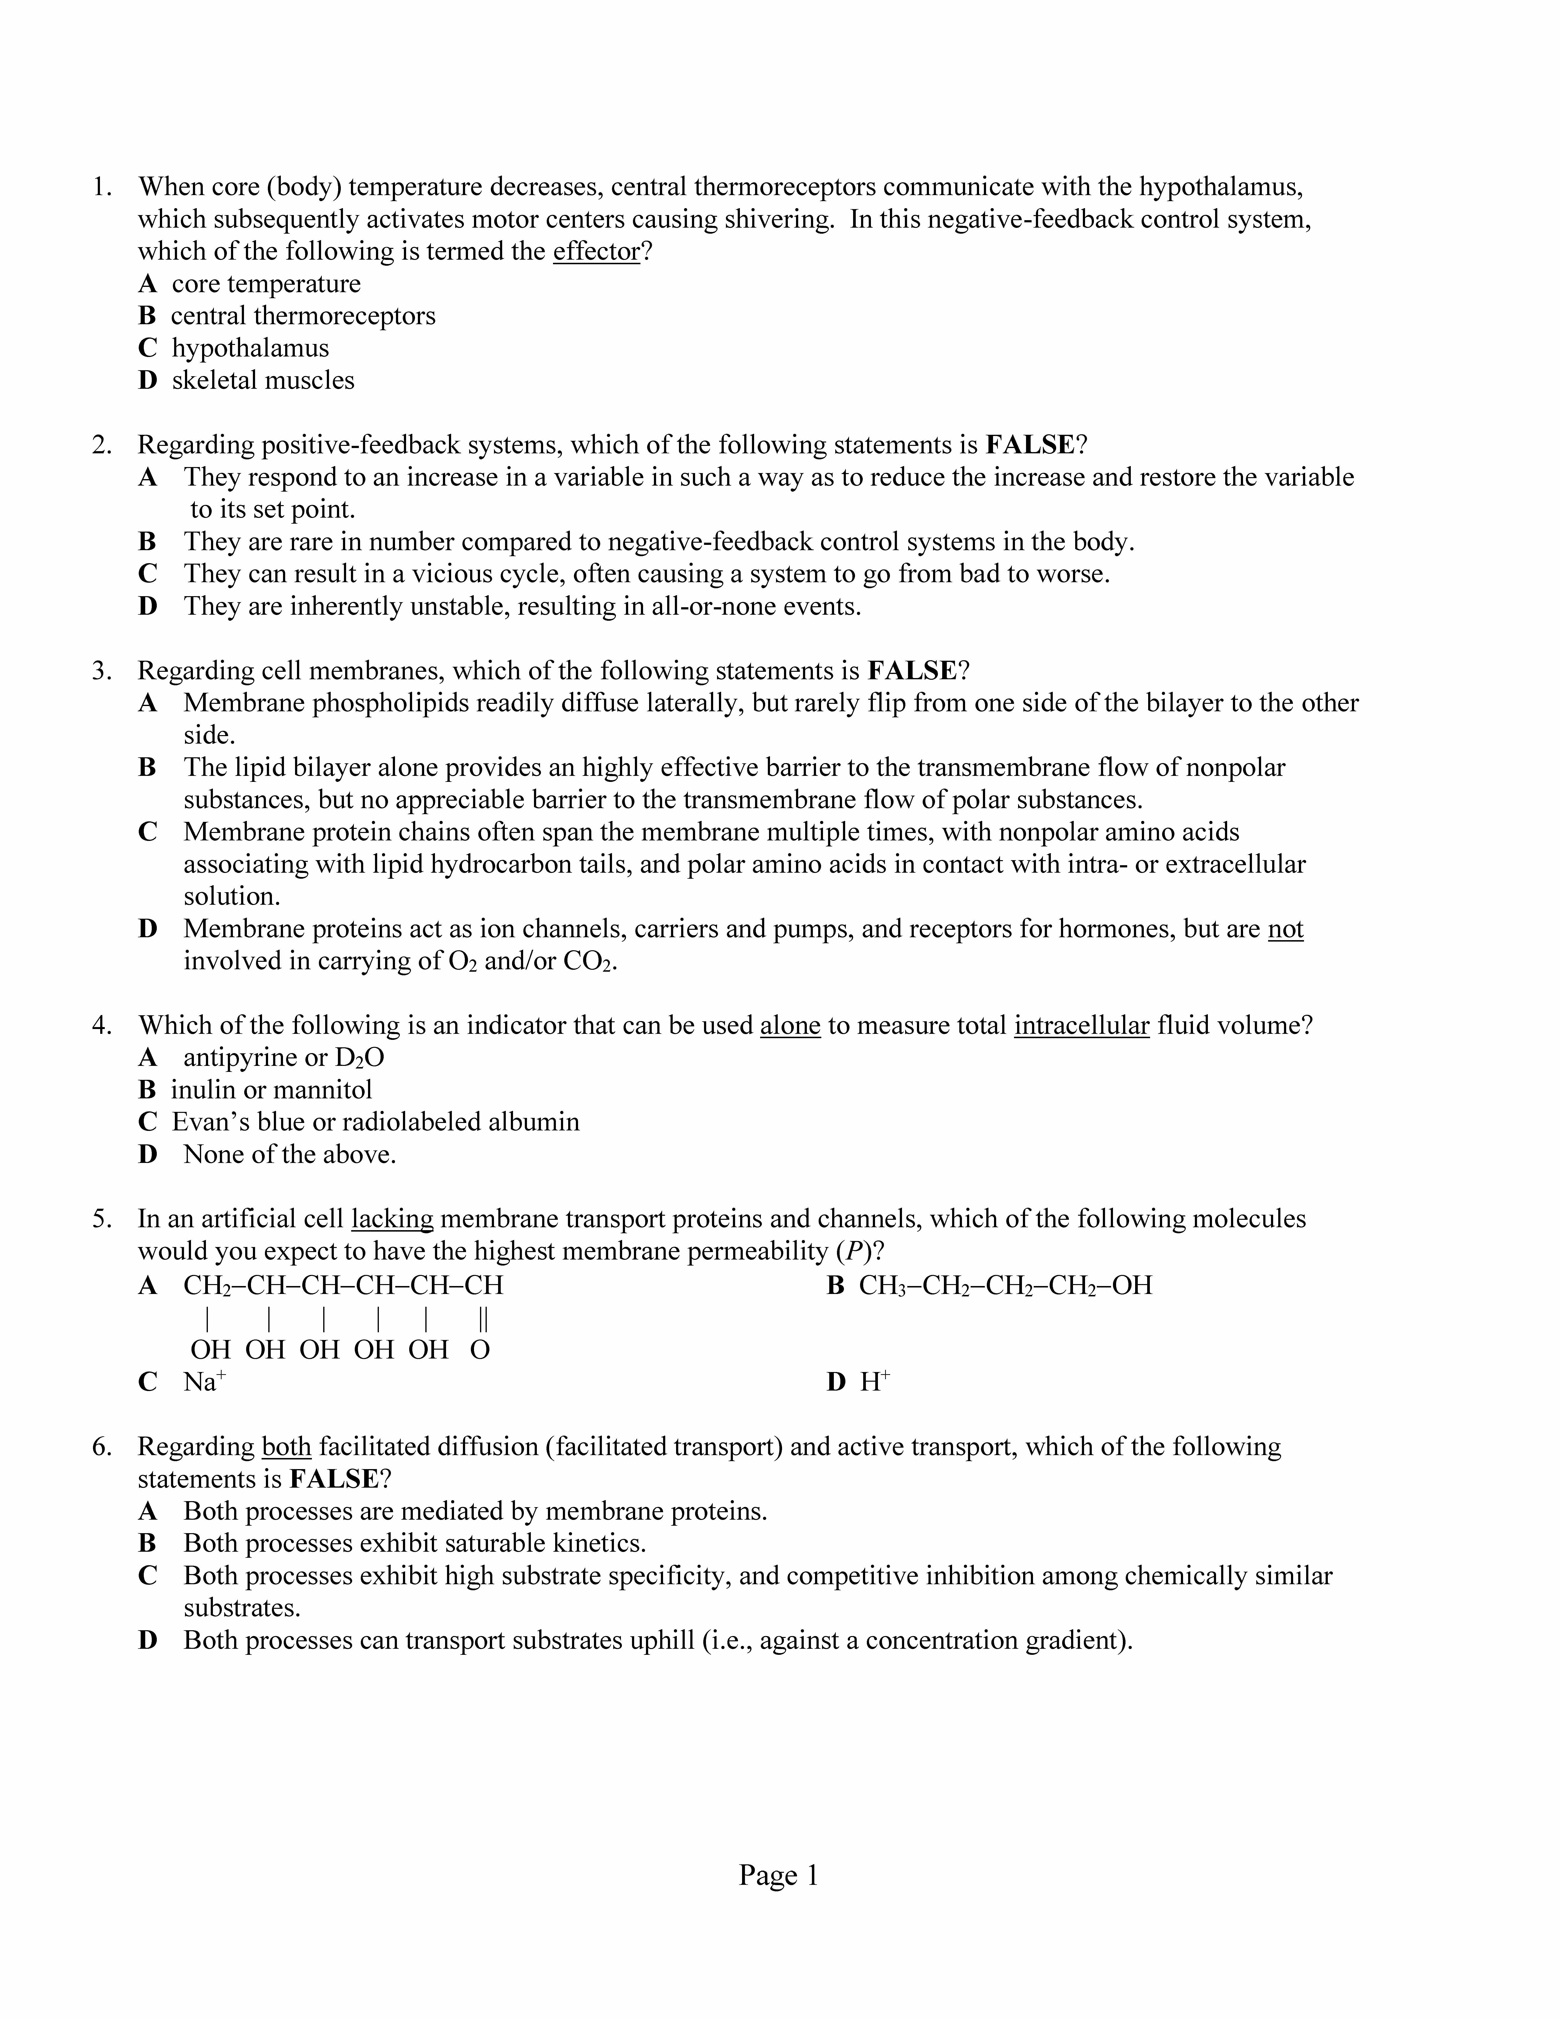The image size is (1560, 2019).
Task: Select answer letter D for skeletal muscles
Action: tap(148, 380)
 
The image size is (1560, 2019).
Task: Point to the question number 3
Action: tap(102, 670)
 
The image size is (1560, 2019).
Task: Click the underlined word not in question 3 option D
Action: tap(1285, 928)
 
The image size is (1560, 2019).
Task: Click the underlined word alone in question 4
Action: tap(790, 1025)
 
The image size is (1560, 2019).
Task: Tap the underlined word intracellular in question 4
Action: tap(1081, 1025)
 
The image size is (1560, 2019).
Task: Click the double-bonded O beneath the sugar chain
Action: tap(480, 1350)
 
